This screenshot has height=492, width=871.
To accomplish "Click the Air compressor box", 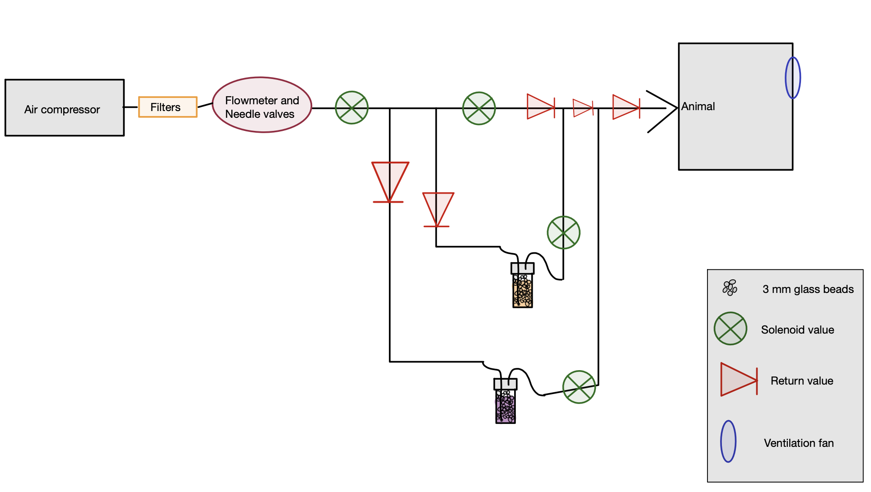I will tap(64, 108).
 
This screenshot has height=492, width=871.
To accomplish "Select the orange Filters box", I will tap(168, 107).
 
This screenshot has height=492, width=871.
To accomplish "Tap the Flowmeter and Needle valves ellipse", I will tap(262, 105).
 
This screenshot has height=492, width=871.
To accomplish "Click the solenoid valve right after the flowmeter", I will tap(351, 108).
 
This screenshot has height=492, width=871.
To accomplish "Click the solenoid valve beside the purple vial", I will tap(579, 387).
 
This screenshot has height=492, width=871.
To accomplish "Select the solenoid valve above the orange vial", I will tap(563, 232).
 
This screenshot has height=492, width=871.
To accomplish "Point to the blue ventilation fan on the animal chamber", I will tap(792, 78).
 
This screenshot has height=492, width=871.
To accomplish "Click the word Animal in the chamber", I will tap(698, 107).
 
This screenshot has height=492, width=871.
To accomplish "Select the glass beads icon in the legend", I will tap(730, 288).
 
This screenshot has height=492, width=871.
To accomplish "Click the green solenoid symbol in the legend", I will tap(730, 329).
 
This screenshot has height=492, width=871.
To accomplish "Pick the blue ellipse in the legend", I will tap(728, 441).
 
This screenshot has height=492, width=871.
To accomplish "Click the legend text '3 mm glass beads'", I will tap(808, 289).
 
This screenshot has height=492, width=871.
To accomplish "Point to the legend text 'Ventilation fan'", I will tap(799, 443).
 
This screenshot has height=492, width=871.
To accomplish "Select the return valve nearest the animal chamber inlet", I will tap(626, 107).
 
